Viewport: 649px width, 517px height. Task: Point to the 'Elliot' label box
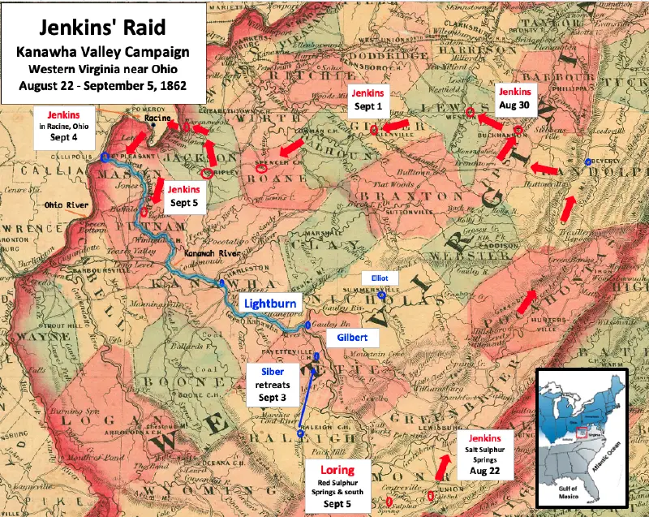click(380, 278)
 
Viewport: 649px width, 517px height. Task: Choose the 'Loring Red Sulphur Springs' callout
click(337, 485)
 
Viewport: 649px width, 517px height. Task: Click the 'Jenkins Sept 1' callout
click(368, 100)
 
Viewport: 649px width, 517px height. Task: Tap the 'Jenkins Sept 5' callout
click(185, 197)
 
